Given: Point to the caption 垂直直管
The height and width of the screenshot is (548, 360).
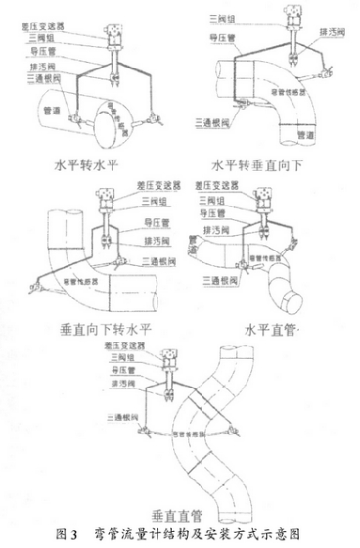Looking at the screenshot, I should point(179,510).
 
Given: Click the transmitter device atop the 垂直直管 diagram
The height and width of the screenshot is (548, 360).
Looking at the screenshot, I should point(177,357).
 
